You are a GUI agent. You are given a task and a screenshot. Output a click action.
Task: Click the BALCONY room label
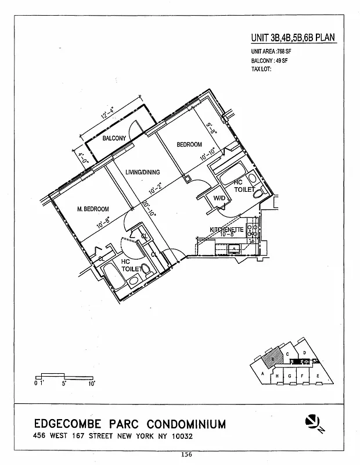coord(114,138)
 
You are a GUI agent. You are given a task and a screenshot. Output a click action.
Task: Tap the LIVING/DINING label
coord(143,172)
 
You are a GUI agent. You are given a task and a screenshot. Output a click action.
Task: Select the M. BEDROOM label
coord(93,209)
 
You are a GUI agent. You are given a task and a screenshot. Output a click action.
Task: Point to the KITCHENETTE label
coord(226,230)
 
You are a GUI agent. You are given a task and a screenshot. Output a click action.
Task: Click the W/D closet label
coord(219,198)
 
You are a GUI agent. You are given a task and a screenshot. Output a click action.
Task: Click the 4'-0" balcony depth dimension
coord(82,156)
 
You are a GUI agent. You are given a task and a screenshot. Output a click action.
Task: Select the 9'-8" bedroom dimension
coord(211,127)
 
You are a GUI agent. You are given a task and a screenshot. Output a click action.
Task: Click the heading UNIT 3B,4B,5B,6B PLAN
coord(293,38)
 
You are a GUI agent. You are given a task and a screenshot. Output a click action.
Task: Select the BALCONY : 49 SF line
coord(270,60)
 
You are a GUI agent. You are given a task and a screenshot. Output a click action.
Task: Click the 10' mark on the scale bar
coord(91,384)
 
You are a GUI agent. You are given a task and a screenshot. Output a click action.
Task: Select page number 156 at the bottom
coord(186,454)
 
